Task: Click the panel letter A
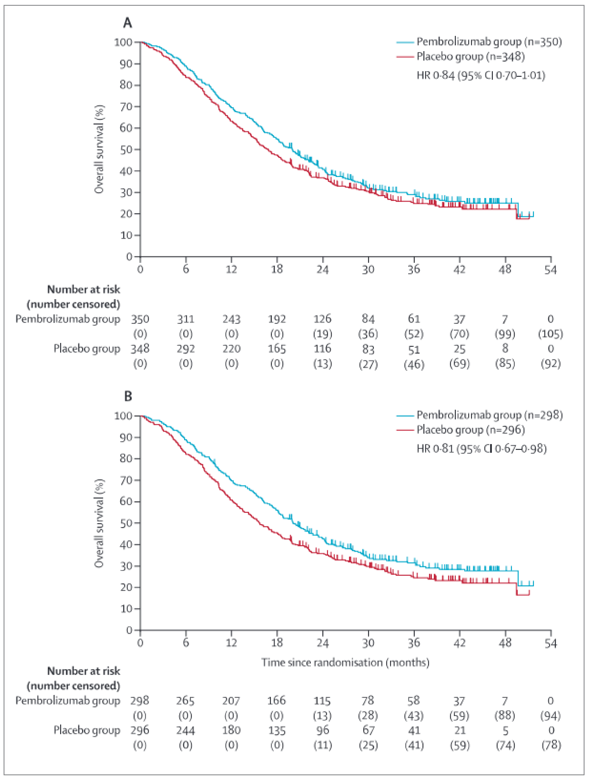(x=127, y=23)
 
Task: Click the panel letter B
(x=128, y=396)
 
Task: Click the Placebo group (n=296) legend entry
(x=471, y=430)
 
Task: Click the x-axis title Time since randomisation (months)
(x=345, y=662)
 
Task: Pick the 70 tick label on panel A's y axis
(x=126, y=107)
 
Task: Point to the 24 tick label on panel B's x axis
(x=322, y=643)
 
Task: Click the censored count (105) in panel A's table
(x=550, y=334)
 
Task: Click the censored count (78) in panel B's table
(x=551, y=745)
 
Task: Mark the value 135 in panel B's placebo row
(x=277, y=730)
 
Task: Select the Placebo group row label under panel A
(x=87, y=349)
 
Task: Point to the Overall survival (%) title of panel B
(x=99, y=523)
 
